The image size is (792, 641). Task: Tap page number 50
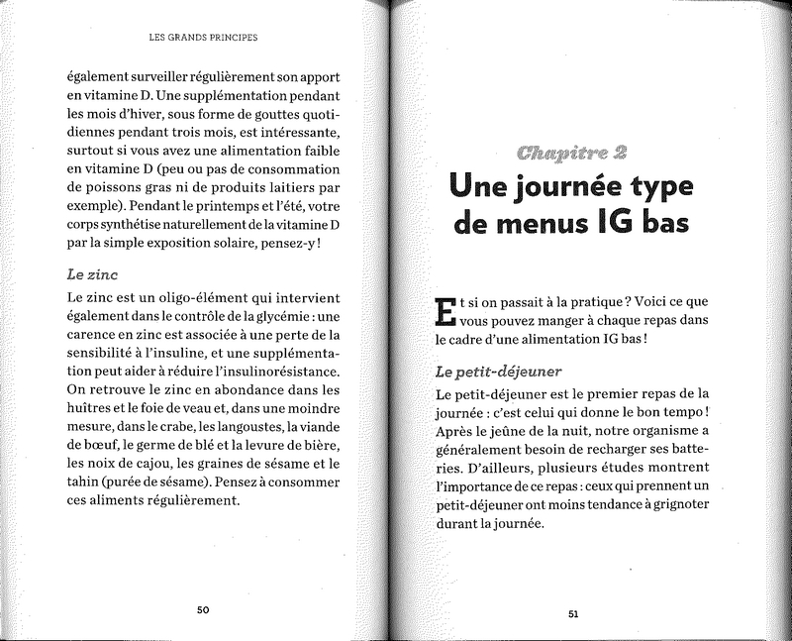[202, 609]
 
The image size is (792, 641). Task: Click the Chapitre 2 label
[574, 153]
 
